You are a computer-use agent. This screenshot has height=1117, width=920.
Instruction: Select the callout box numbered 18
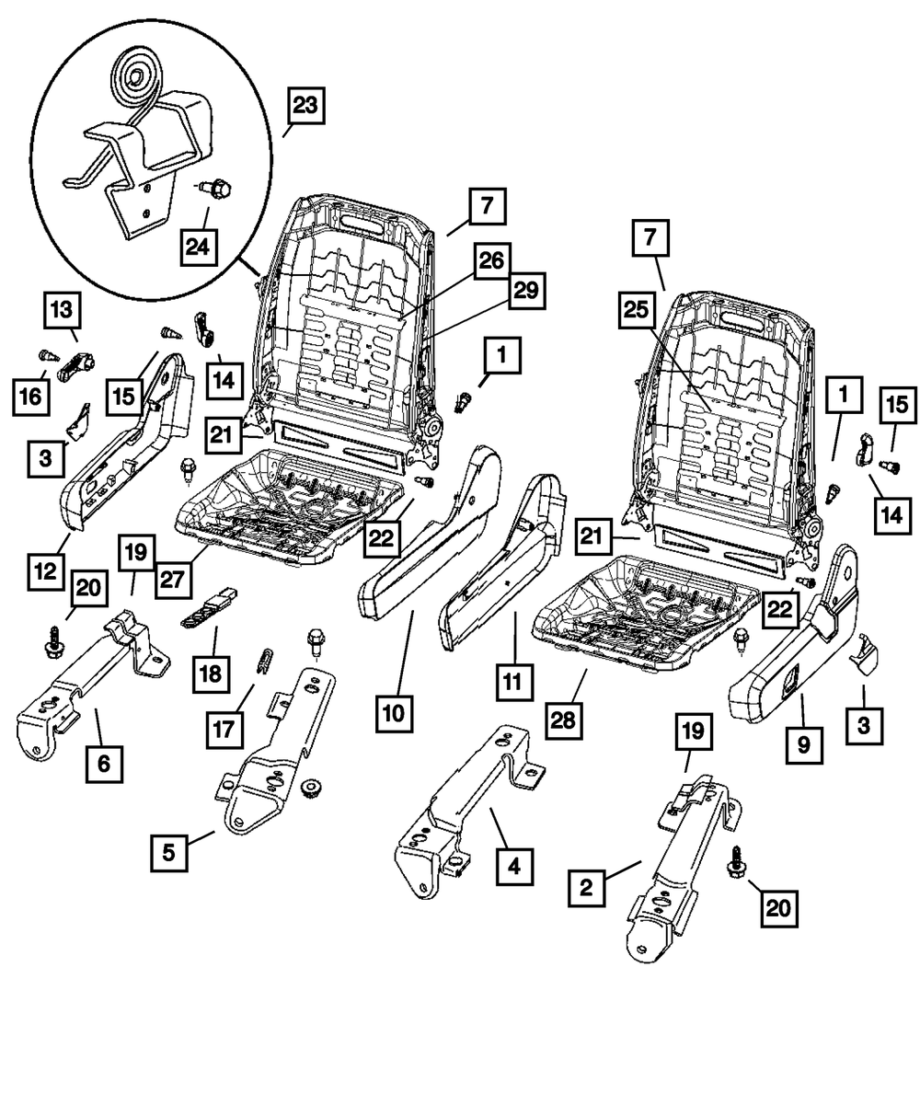212,674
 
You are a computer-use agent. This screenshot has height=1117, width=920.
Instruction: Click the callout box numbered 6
104,763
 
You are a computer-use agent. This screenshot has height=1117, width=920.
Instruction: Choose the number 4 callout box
513,866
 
